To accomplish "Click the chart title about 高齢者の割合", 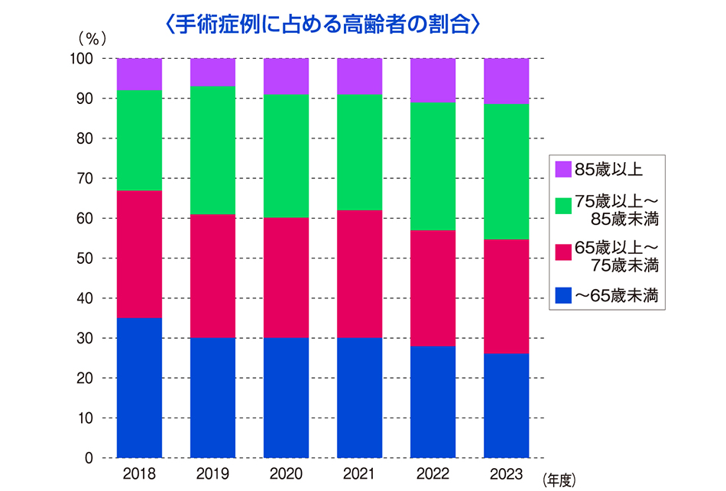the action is coord(322,24).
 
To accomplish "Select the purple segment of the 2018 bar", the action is coord(139,74).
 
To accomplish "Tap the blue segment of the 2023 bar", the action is coord(507,406).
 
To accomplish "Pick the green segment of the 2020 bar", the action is coord(286,156).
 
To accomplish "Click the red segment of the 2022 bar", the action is coord(433,288).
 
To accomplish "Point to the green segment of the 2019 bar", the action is coord(213,151).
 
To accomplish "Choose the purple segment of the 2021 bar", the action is coord(360,76).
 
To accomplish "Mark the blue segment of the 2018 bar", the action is coord(139,388).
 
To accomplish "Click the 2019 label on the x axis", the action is coord(213,474).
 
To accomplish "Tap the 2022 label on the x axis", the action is coord(433,474).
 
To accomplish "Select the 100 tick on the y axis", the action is coord(82,58).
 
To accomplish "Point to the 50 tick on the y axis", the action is coord(85,258).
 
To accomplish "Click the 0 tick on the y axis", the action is coord(89,458).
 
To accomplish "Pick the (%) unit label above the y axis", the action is coord(92,39).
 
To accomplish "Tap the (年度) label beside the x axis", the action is coord(559,480).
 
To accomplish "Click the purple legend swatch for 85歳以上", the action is coord(563,169).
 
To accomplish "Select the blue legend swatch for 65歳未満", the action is coord(563,295).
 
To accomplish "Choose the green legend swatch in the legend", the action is coord(563,206).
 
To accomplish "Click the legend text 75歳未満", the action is coord(624,265).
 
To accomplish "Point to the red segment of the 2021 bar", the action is coord(360,275).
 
